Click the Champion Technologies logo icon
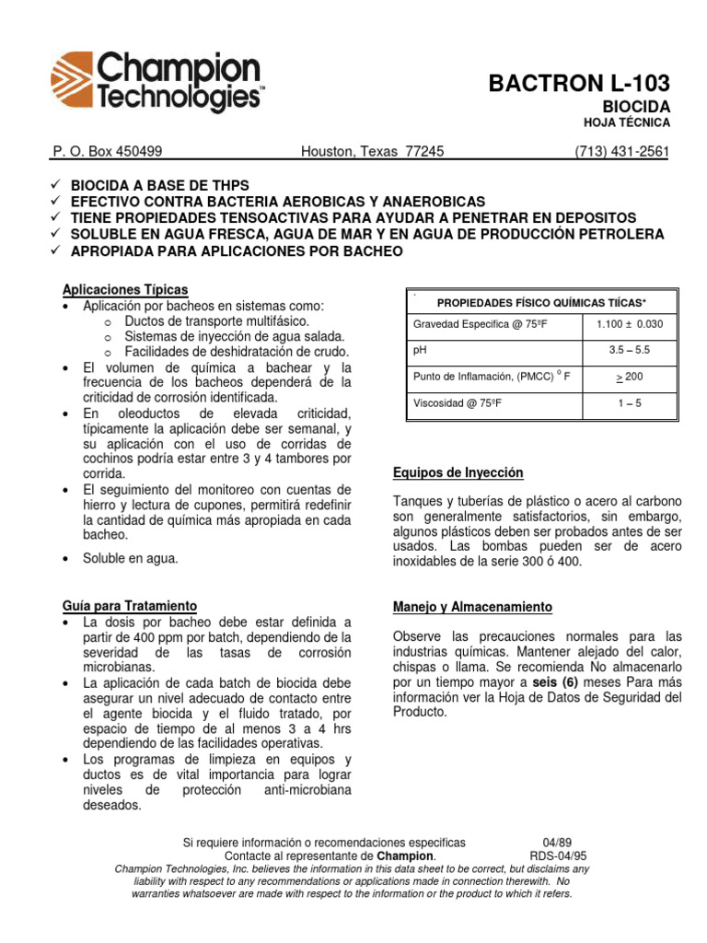[73, 82]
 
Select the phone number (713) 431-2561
[621, 152]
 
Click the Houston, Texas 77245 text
[373, 152]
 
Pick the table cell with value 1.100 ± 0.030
[630, 324]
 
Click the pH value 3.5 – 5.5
[630, 350]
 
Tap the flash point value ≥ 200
[630, 377]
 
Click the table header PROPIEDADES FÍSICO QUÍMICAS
[541, 302]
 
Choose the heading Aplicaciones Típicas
[125, 287]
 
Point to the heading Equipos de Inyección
[458, 472]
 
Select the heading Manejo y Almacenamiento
[472, 608]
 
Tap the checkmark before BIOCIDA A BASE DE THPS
[54, 185]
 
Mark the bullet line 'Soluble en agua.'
[130, 558]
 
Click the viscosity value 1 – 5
[630, 402]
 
